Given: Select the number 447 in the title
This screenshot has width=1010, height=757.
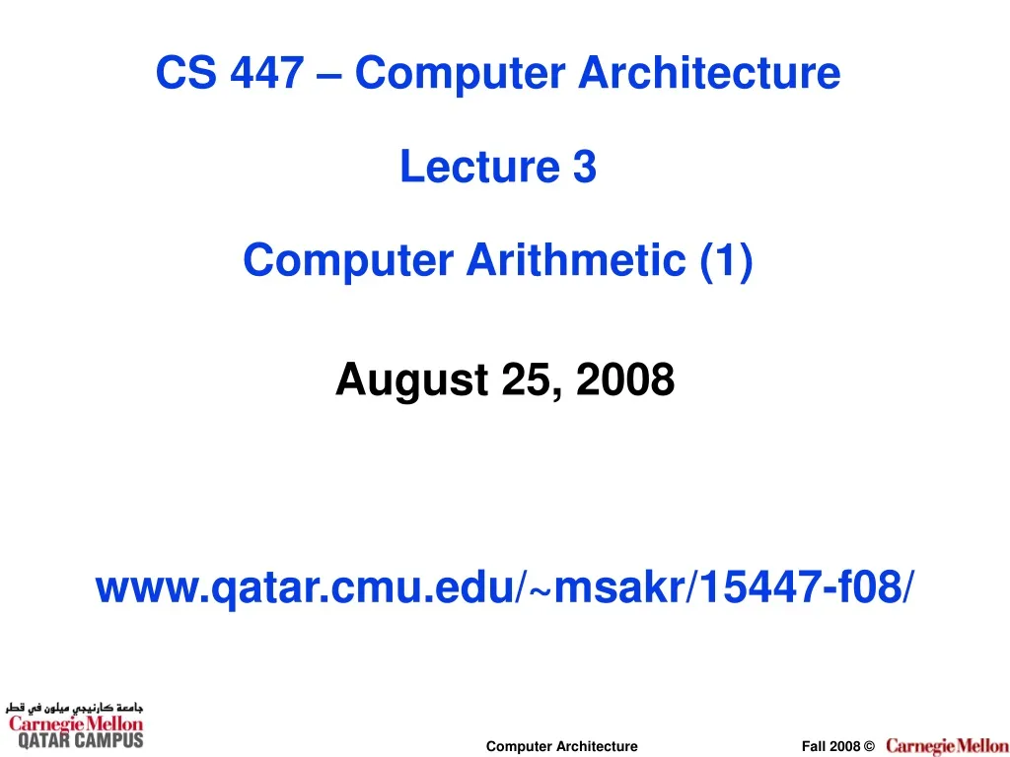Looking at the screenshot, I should click(x=265, y=73).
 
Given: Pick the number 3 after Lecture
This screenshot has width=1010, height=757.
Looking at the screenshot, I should click(x=585, y=167).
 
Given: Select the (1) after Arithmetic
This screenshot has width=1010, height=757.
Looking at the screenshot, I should click(x=727, y=260).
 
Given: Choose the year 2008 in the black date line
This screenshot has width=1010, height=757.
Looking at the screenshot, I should click(x=625, y=379).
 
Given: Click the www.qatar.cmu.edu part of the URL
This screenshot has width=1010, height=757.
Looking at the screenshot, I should click(x=305, y=589).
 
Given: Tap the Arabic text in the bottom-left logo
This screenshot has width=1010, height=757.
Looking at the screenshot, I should click(x=75, y=708).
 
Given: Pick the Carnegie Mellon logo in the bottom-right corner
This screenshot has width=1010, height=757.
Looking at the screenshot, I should click(x=946, y=746).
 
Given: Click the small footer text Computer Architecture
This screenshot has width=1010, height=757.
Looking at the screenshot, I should click(x=561, y=747).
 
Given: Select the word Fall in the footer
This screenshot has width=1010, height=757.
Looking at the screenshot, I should click(x=814, y=747).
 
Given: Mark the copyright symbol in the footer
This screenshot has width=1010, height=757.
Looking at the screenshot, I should click(x=868, y=747).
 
